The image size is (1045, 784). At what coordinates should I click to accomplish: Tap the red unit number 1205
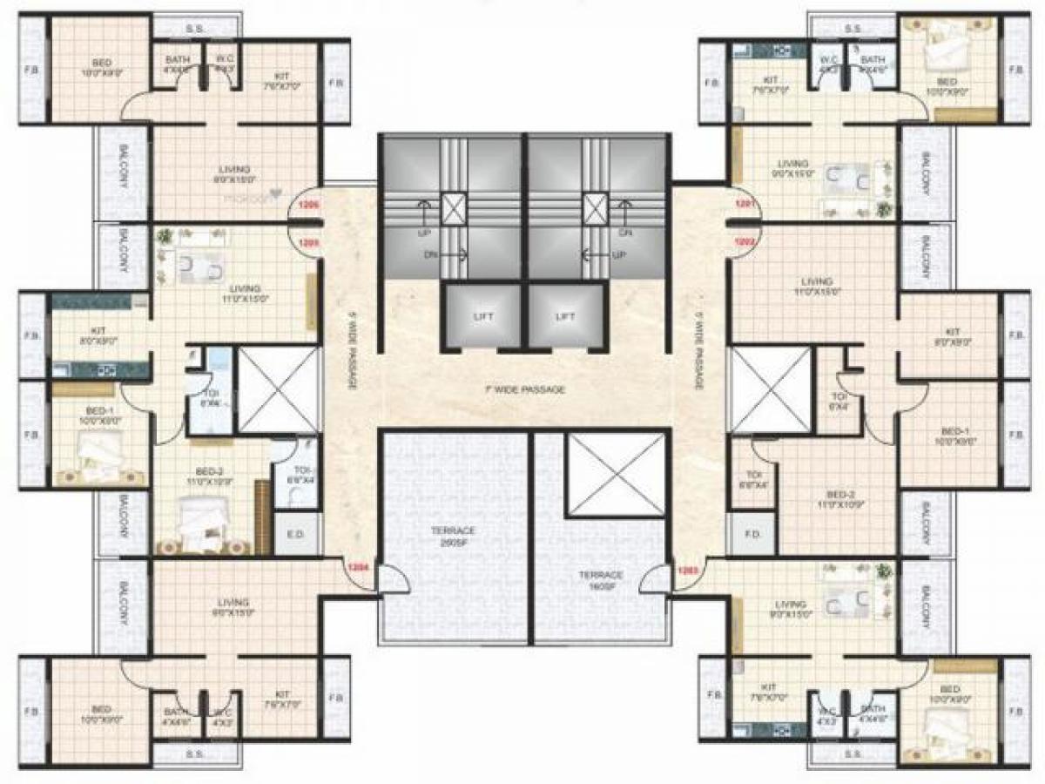308,243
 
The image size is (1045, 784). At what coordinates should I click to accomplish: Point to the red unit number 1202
742,243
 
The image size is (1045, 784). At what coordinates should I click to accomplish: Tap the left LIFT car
482,317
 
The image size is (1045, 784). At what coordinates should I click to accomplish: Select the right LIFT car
566,317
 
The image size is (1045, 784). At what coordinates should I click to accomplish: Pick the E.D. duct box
289,534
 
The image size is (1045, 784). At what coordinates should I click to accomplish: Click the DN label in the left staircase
431,256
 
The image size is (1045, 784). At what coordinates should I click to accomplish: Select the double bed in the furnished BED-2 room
202,523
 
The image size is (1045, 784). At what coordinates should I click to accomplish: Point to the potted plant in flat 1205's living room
165,235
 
